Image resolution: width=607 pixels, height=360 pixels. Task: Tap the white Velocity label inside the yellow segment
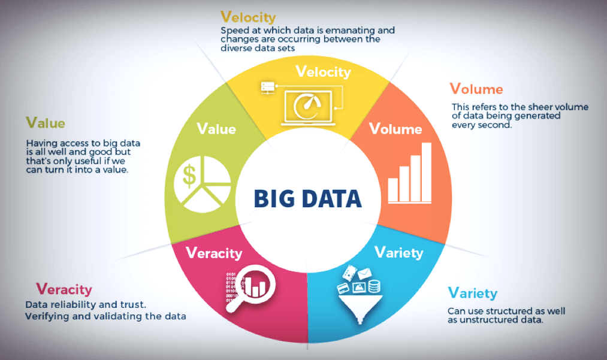pyautogui.click(x=323, y=72)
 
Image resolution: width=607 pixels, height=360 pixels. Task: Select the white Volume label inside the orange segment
pyautogui.click(x=395, y=129)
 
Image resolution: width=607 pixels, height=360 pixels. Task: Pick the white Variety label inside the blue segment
pyautogui.click(x=398, y=252)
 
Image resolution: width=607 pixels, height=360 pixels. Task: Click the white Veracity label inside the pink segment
pyautogui.click(x=214, y=253)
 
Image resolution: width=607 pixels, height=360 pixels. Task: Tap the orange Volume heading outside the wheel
pyautogui.click(x=476, y=90)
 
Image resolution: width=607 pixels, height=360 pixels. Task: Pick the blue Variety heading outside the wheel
pyautogui.click(x=473, y=294)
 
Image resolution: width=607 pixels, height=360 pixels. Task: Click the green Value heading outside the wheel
pyautogui.click(x=45, y=123)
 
